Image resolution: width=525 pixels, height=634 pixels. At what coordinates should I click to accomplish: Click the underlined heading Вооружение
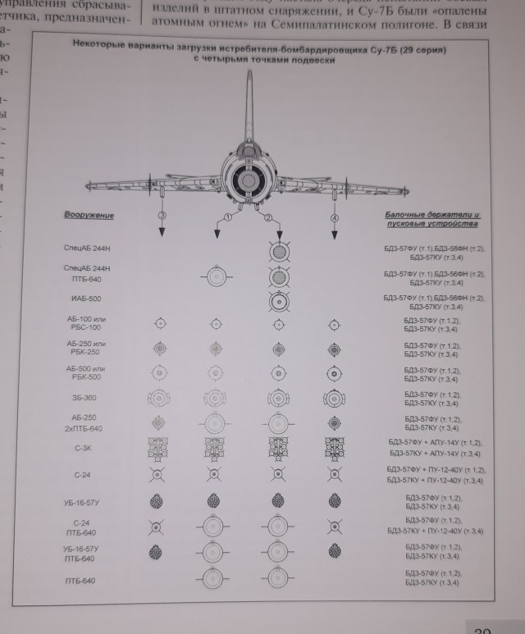(x=89, y=215)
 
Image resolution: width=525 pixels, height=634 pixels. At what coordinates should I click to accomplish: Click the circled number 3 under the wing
(x=162, y=215)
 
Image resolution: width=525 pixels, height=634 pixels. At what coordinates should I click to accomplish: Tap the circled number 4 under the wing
(x=335, y=217)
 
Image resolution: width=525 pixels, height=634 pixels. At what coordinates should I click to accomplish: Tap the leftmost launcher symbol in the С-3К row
(x=159, y=448)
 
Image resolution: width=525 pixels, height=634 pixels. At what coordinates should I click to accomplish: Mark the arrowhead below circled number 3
(x=162, y=233)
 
